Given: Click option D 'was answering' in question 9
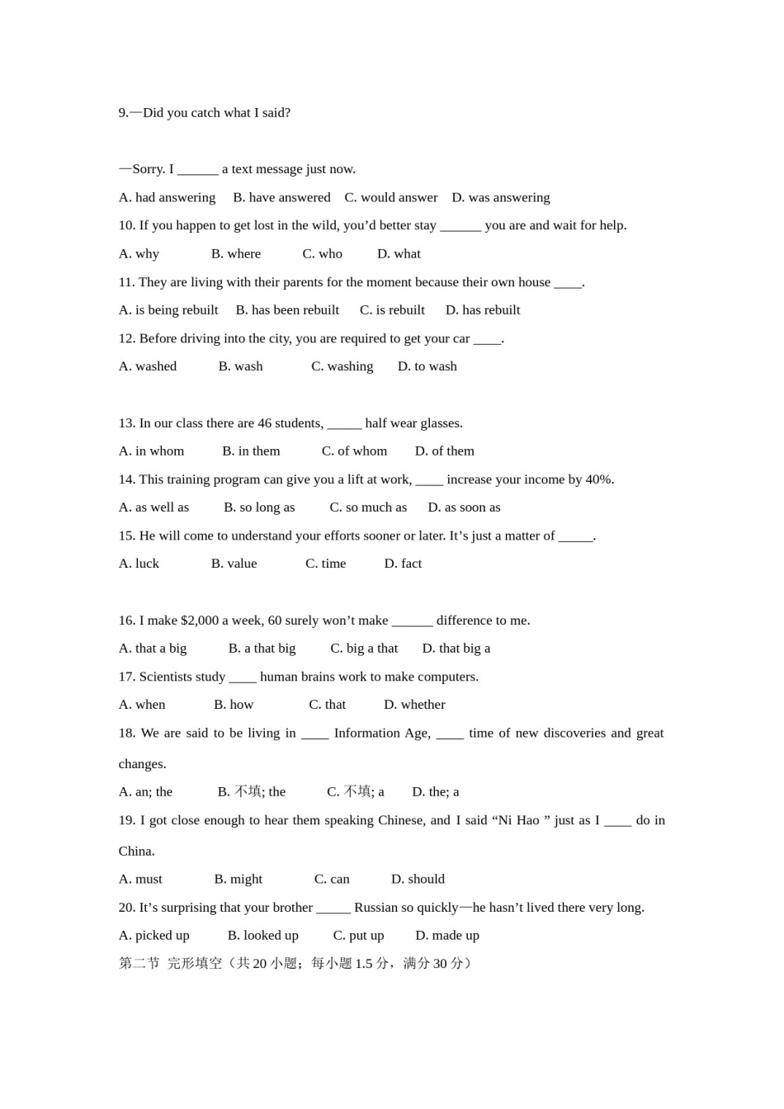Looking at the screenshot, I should (501, 197).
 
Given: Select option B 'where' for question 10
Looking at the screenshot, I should (236, 253).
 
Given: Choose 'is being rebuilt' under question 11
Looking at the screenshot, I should (168, 309).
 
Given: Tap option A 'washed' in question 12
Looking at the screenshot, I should (148, 366).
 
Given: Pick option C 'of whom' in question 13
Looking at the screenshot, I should (354, 451).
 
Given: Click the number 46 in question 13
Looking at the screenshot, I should (264, 422).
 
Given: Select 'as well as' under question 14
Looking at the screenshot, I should (153, 507).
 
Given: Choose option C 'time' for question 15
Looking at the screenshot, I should (325, 563).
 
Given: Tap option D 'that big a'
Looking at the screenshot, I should (456, 648).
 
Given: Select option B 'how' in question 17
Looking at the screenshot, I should (234, 704).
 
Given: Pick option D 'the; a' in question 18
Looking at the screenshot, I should (436, 791).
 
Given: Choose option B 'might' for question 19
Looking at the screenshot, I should (239, 879).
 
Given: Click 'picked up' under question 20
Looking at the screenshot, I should (154, 935).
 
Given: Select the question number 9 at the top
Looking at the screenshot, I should (123, 112).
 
